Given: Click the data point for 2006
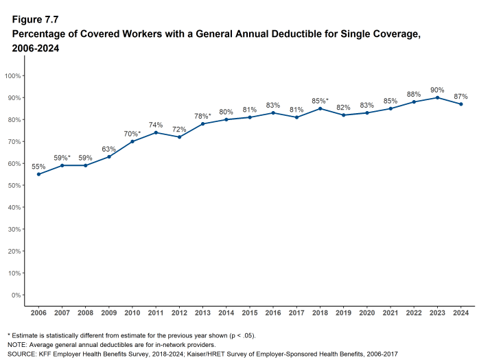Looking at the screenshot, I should [38, 174].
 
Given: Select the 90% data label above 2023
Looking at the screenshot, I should [437, 90].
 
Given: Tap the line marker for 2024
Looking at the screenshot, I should [460, 104].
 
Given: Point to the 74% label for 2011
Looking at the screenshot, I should [155, 125].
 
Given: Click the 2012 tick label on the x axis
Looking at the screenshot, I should [179, 312].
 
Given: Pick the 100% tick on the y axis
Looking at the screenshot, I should [13, 75].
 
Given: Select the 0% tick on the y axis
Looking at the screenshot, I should [15, 295].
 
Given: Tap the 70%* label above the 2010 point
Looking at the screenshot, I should [132, 133].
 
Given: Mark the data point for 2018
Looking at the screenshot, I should [320, 108].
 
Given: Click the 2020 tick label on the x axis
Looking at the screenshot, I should [366, 312].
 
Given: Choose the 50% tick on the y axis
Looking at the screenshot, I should [14, 185].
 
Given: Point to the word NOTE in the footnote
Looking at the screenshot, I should [17, 344].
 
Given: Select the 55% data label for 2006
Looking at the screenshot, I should [38, 167].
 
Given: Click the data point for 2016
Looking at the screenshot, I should [273, 112].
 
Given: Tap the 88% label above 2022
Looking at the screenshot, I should [413, 94].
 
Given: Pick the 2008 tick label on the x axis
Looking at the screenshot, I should [85, 312].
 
